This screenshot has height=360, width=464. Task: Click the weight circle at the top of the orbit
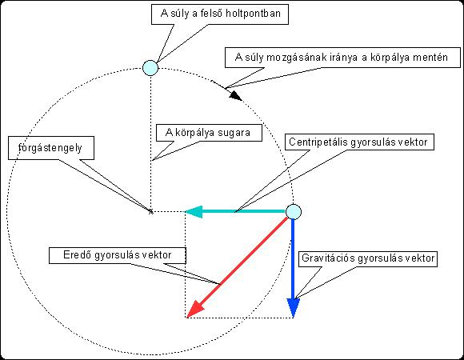(150, 68)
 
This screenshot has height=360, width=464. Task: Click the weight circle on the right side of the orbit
(294, 212)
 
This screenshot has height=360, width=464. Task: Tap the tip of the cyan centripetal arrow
(185, 211)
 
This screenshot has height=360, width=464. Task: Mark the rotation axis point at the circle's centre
(150, 211)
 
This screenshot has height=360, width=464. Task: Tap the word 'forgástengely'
(50, 148)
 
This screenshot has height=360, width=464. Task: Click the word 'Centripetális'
(318, 142)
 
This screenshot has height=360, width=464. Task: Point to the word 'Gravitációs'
(328, 258)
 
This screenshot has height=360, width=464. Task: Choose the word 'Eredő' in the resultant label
(77, 254)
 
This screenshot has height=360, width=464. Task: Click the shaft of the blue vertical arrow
(294, 259)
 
